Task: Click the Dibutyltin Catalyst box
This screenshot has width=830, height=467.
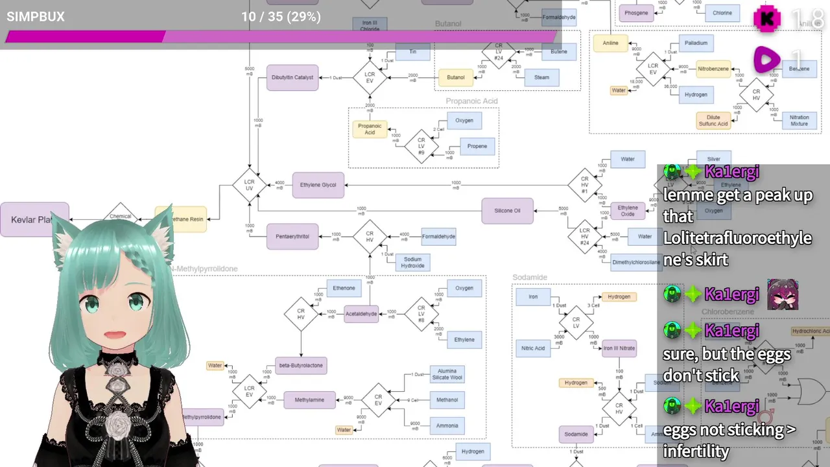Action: click(x=292, y=78)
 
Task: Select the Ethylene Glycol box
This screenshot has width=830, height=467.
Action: click(x=318, y=185)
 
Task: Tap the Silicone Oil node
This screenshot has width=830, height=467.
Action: click(x=507, y=211)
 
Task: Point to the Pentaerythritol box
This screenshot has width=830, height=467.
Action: click(x=292, y=237)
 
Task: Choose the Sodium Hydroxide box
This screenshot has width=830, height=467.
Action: click(x=412, y=262)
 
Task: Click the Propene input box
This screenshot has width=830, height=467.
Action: click(x=477, y=146)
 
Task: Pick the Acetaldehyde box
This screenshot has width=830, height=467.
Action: click(x=361, y=314)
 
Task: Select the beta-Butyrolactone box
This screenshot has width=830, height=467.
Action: click(x=300, y=365)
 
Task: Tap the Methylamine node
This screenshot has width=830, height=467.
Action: click(x=309, y=400)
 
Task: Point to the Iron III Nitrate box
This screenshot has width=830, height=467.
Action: click(x=619, y=348)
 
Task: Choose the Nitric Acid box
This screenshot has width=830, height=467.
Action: click(x=533, y=348)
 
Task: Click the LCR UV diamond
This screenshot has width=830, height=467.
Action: click(x=249, y=185)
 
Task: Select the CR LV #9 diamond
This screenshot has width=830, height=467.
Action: click(x=421, y=144)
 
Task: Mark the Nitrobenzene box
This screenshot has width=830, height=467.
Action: click(x=713, y=69)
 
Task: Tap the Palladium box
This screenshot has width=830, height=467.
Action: click(x=696, y=43)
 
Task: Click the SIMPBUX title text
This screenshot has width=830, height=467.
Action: click(x=36, y=17)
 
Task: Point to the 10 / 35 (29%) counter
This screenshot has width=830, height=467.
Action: click(x=281, y=17)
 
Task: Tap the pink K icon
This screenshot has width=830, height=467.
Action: click(x=767, y=19)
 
